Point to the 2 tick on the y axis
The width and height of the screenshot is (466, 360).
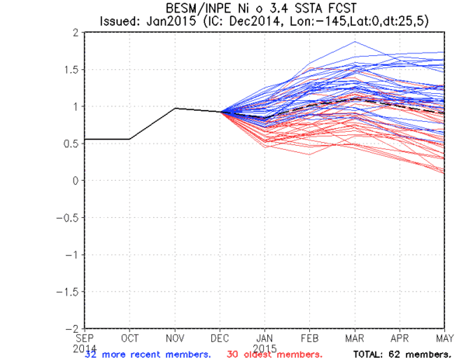click(75, 33)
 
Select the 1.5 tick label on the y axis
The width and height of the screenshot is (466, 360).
click(71, 70)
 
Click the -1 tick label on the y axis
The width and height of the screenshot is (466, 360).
click(72, 254)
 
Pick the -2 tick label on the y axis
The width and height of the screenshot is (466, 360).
click(72, 328)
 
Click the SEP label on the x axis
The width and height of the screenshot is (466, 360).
click(85, 338)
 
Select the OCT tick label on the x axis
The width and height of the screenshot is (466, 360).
click(130, 338)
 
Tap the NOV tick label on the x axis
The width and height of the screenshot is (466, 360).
click(176, 338)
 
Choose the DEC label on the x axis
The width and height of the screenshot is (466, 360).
click(221, 338)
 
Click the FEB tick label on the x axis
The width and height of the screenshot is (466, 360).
click(310, 338)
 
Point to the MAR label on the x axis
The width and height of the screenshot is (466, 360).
click(355, 338)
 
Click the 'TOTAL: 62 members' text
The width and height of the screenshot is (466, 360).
click(402, 354)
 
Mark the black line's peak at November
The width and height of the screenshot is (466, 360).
click(176, 109)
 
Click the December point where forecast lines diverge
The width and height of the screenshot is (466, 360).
click(221, 112)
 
